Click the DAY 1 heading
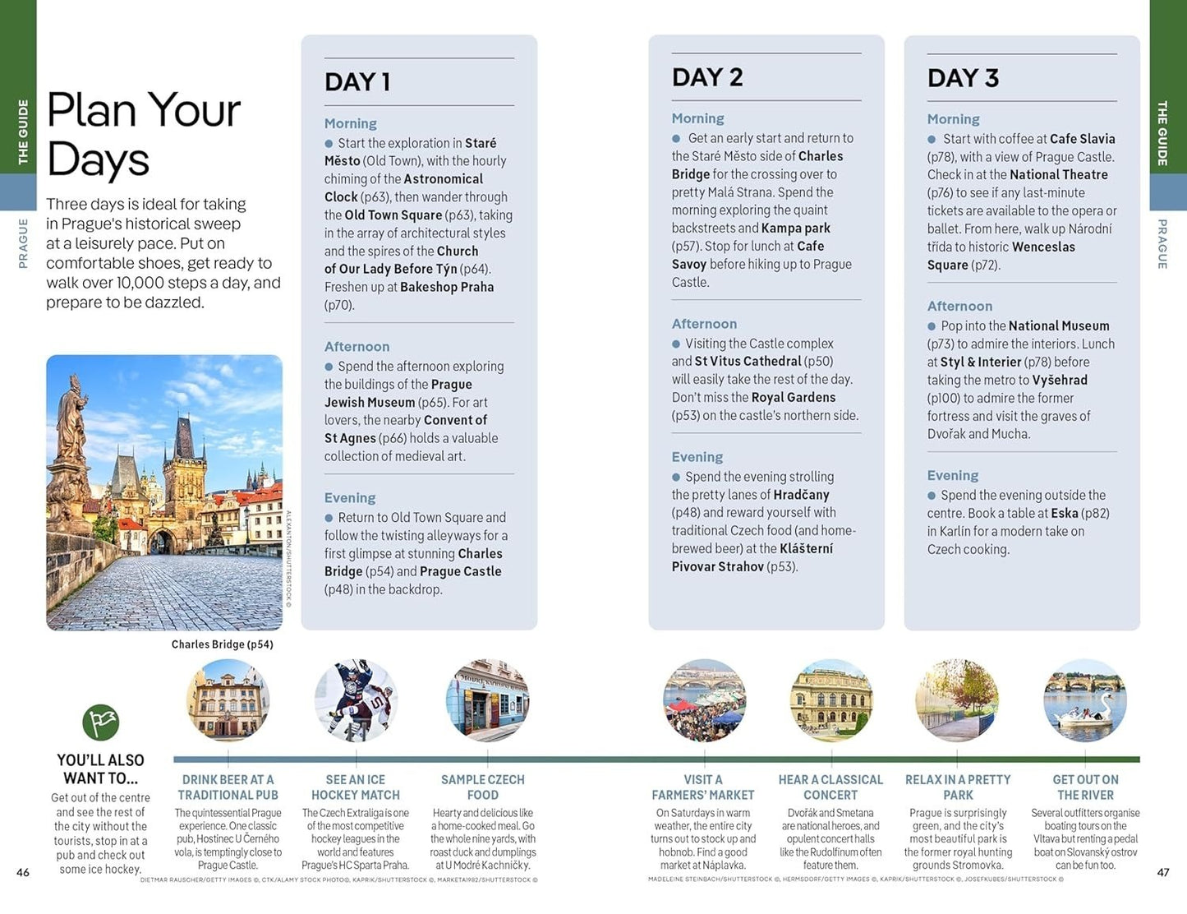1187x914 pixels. (357, 82)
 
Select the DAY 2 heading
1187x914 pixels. (707, 78)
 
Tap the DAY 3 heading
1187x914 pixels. (963, 78)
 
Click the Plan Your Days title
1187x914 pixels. (144, 134)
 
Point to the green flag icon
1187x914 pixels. (101, 722)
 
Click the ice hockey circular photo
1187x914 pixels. (356, 700)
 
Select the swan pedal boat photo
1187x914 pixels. (1085, 700)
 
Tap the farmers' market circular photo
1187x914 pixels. (704, 700)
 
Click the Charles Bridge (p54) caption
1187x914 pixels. (222, 644)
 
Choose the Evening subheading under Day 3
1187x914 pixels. (952, 475)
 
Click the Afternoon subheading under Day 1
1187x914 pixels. (357, 347)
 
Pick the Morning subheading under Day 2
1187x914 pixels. (697, 118)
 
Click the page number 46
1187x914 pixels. (23, 872)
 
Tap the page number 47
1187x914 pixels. (1163, 872)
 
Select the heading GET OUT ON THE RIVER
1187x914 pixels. (1085, 787)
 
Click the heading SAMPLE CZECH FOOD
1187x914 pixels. (483, 787)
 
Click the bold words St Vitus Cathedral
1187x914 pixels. (748, 362)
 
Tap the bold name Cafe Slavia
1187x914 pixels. (1082, 139)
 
